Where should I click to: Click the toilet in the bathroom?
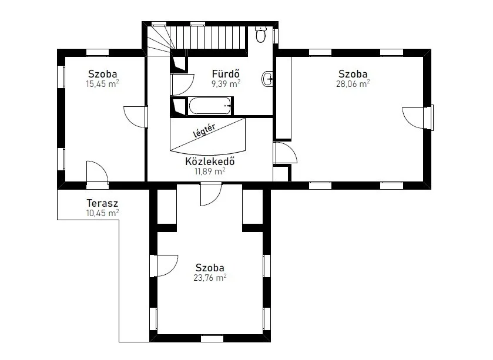click(x=261, y=34)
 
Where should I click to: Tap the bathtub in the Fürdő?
click(x=210, y=106)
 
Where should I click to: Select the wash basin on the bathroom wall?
click(x=267, y=79)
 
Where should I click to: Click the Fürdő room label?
click(x=226, y=74)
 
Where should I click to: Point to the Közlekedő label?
click(x=210, y=161)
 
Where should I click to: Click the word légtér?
click(x=204, y=130)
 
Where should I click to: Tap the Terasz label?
click(x=102, y=203)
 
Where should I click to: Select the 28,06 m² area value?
click(x=353, y=84)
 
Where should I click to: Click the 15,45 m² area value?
click(x=102, y=84)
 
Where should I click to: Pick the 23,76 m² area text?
click(x=210, y=278)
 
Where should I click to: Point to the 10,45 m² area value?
click(x=102, y=213)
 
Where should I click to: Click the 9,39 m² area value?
click(x=226, y=84)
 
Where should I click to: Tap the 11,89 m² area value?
click(x=210, y=171)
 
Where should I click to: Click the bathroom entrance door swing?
click(x=182, y=85)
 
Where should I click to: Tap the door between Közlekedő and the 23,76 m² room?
click(x=211, y=194)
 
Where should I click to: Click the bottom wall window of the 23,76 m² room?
click(x=212, y=338)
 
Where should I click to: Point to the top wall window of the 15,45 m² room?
click(x=98, y=52)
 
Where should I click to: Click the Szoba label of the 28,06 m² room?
click(x=353, y=74)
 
